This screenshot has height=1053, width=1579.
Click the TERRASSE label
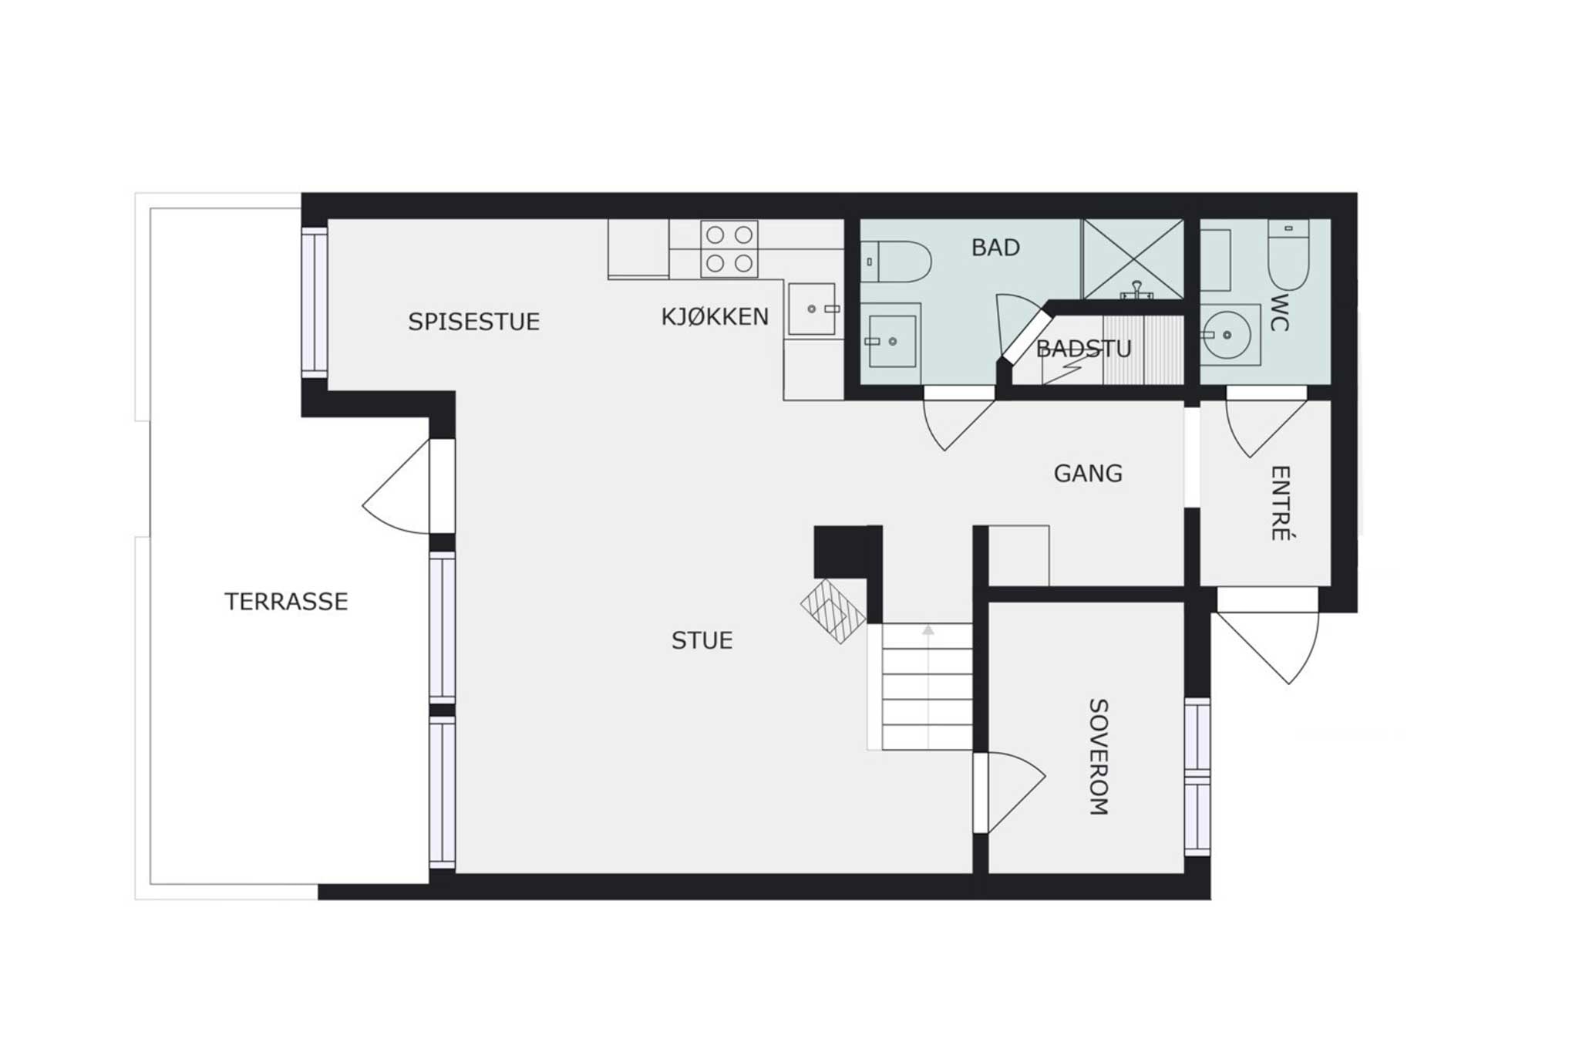coord(286,601)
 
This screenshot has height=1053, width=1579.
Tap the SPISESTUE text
coord(473,321)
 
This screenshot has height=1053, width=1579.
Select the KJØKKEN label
coord(715,316)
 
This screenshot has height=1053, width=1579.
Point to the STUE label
coord(702,640)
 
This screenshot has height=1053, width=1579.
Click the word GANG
coord(1088,473)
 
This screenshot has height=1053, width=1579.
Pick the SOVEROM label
coord(1099,757)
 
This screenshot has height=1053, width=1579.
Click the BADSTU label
coord(1083,349)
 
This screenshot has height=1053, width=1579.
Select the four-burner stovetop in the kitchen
coord(729,249)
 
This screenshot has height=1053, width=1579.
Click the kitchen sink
coord(812,309)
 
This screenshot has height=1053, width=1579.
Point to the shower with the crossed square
coord(1133,259)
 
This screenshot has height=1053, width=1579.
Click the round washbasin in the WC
coord(1227,335)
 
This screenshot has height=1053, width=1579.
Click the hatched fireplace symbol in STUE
coord(833,611)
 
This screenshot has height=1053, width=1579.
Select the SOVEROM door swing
coord(1016,792)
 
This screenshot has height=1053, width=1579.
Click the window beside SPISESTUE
coord(315,302)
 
